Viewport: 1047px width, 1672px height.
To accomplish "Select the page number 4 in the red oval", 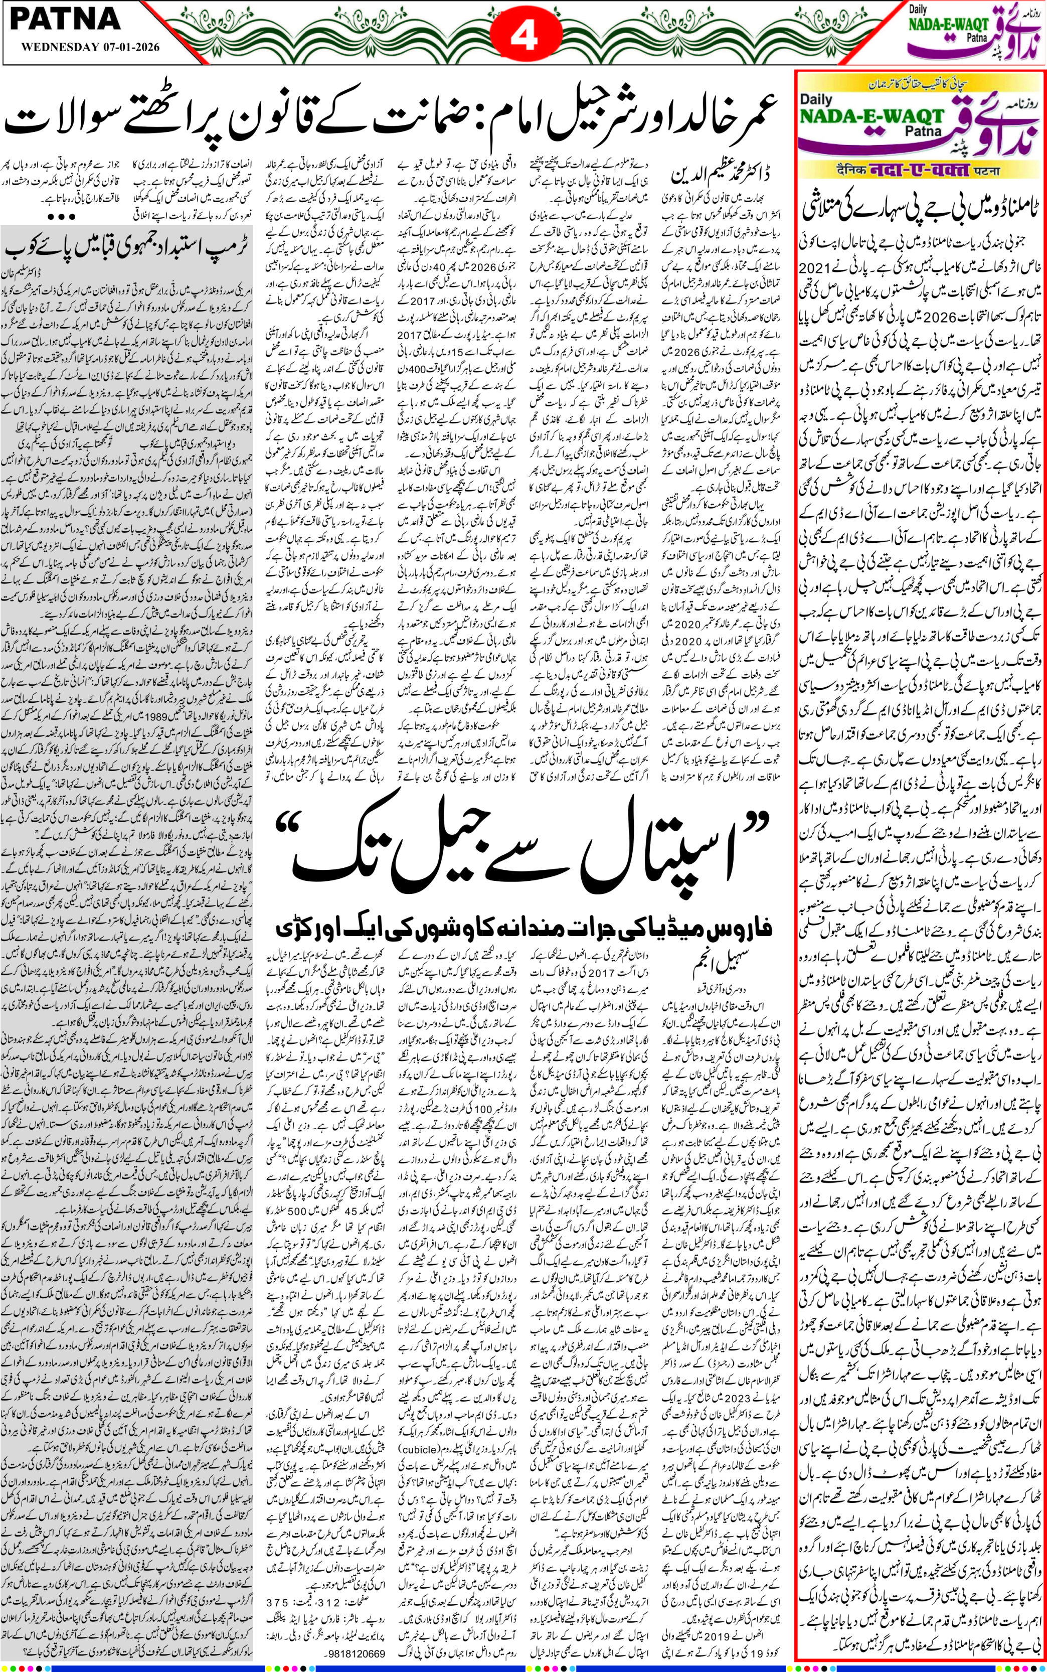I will (x=523, y=35).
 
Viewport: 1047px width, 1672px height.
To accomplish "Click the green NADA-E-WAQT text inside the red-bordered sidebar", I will (x=870, y=116).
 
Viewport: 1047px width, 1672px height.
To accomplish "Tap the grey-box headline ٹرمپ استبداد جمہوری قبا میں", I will (x=128, y=247).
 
